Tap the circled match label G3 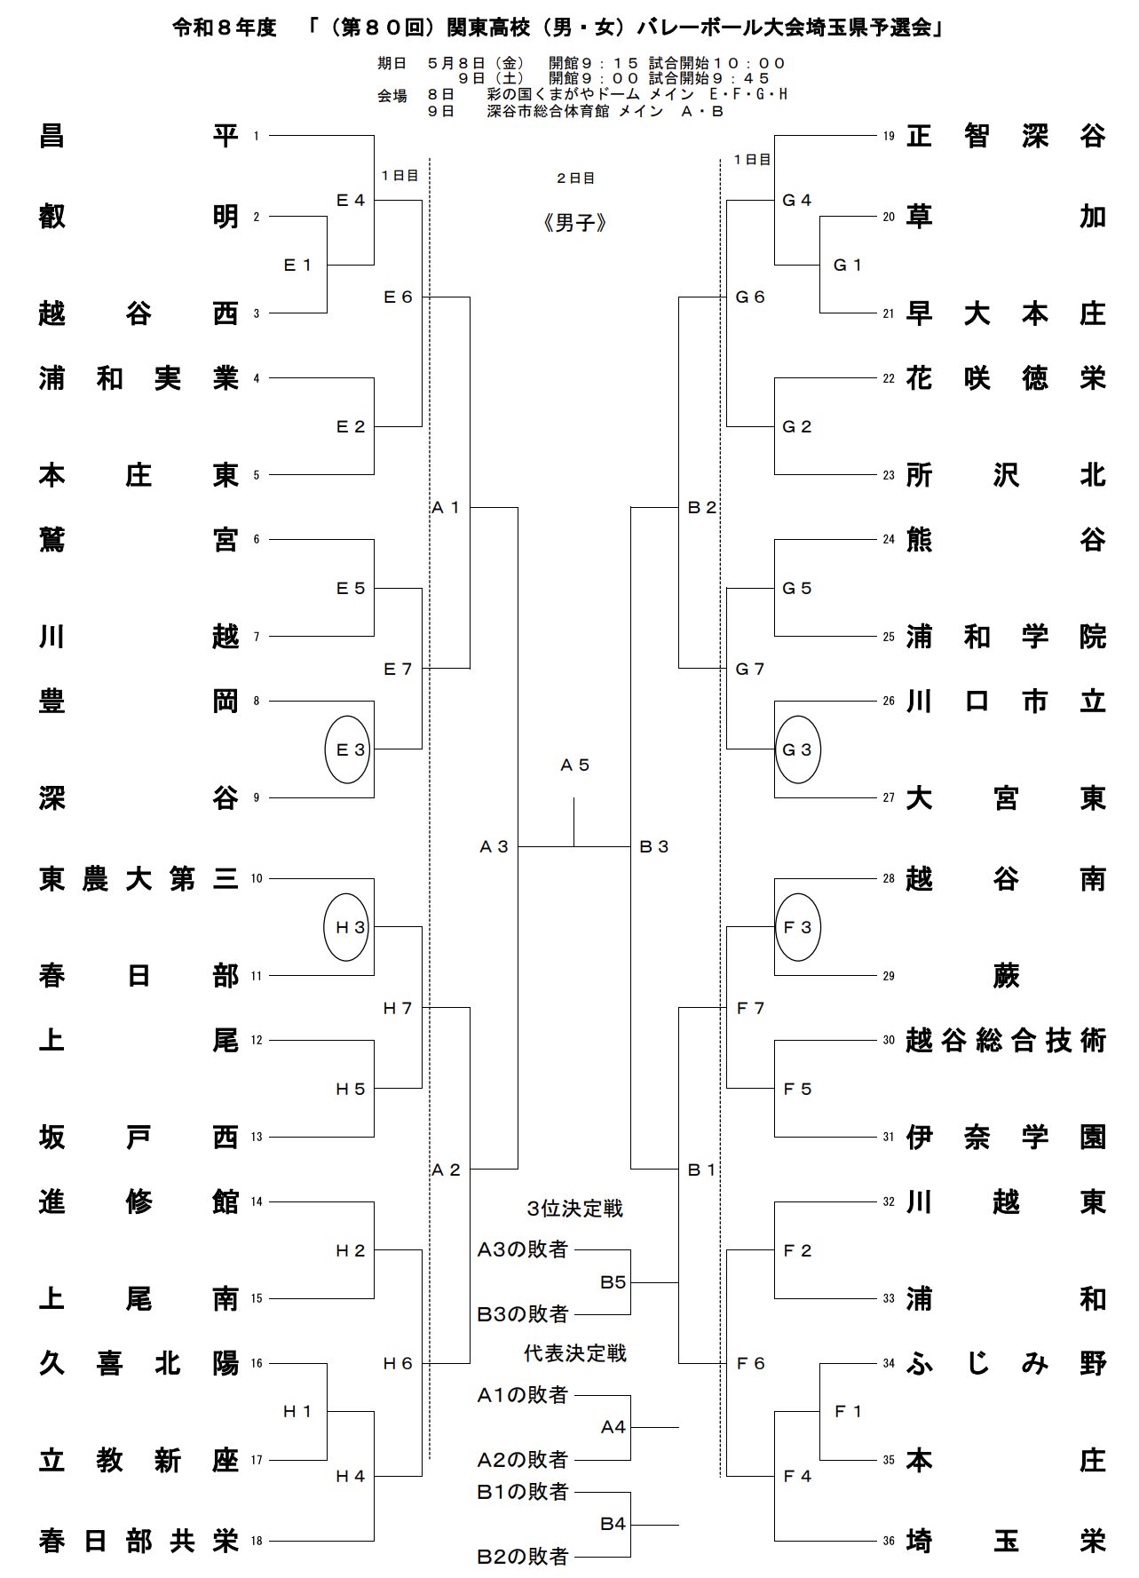pos(797,749)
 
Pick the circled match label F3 pos(797,927)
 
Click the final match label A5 pos(574,765)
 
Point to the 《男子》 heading pos(574,224)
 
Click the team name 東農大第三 pos(139,879)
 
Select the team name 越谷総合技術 pos(1006,1040)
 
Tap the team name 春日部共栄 pos(139,1541)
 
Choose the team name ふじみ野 pos(1006,1363)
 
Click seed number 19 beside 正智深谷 pos(888,137)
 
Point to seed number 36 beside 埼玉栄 pos(888,1542)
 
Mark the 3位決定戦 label pos(575,1209)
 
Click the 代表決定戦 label pos(575,1353)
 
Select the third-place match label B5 pos(613,1282)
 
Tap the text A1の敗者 pos(522,1395)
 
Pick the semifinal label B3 pos(654,846)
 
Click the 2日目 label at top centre pos(575,178)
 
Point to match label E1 pos(297,265)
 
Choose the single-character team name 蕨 pos(1006,976)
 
